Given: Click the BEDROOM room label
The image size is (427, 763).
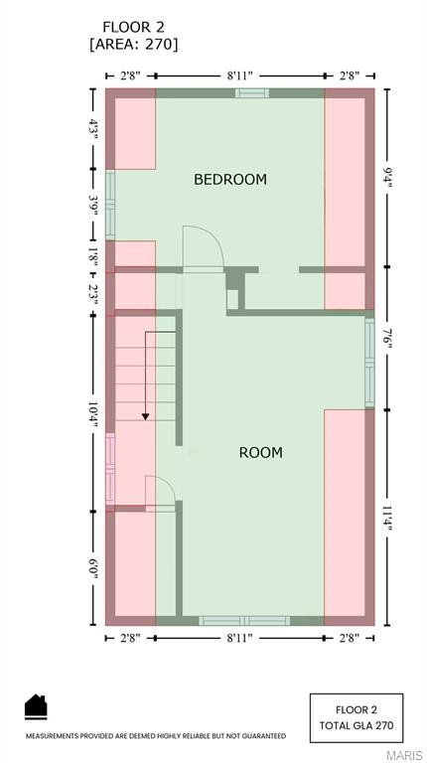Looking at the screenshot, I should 230,180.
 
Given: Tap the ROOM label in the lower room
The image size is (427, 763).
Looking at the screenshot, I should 260,453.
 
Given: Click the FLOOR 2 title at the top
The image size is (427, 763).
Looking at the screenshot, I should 135,26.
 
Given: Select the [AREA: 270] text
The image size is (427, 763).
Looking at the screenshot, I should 134,45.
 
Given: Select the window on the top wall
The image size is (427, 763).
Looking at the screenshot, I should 251,93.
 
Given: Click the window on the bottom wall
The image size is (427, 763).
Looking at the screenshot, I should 244,621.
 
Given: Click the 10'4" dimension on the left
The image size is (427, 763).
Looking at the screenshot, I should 93,412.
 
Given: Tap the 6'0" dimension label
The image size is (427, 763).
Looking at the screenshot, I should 93,568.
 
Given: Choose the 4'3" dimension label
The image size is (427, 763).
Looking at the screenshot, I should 93,129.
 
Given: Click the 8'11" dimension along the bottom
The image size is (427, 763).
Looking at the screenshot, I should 240,638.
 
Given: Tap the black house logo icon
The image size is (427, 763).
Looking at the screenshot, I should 36,706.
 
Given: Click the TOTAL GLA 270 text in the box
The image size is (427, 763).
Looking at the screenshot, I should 356,726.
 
